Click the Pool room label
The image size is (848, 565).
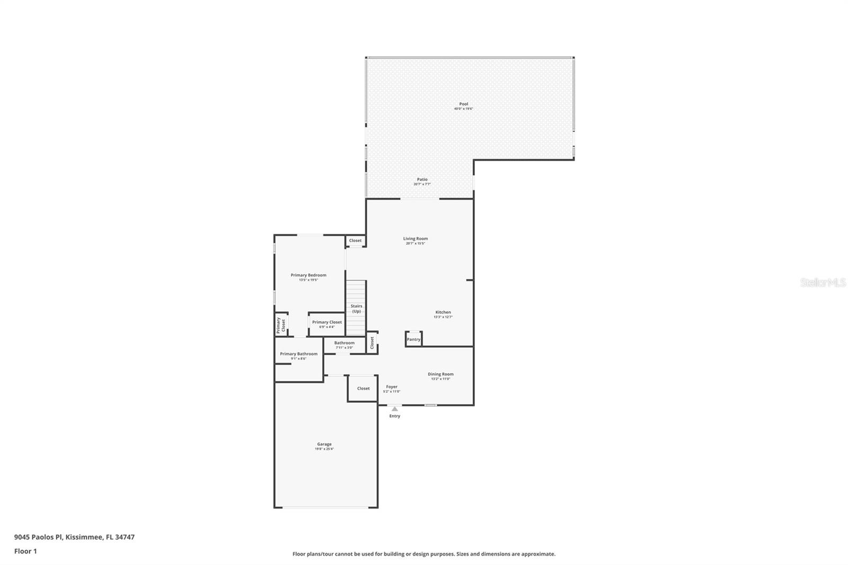tap(464, 106)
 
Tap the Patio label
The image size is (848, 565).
tap(422, 181)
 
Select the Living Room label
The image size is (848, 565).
tap(416, 241)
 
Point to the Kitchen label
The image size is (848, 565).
tap(443, 314)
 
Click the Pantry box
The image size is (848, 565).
tap(413, 339)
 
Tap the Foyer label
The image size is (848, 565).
tap(392, 389)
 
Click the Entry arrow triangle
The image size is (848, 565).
tap(394, 409)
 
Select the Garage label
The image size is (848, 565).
tap(324, 446)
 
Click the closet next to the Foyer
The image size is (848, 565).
tap(363, 389)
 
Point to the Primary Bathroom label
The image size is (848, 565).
tap(299, 356)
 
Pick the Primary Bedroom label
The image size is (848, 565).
tap(308, 277)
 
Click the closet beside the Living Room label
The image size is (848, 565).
tap(355, 241)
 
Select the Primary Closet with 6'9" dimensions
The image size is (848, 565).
tap(327, 324)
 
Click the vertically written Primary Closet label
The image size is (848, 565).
tap(281, 324)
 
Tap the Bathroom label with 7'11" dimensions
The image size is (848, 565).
tap(344, 345)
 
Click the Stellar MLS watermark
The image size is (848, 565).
tap(823, 282)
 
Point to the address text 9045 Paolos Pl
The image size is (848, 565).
tap(74, 537)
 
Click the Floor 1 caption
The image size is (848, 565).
tap(25, 551)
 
